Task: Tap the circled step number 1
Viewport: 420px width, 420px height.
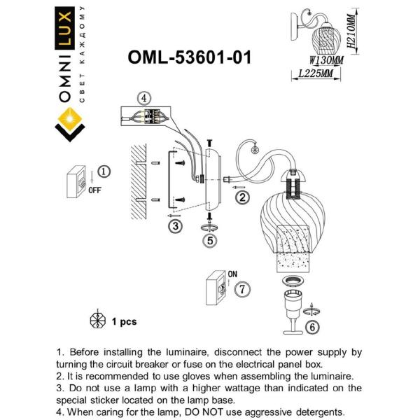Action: [x=104, y=171]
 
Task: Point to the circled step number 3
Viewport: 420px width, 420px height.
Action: [x=175, y=225]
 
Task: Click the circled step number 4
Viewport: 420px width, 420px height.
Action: [x=143, y=97]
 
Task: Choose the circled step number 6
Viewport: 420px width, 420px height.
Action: [x=313, y=325]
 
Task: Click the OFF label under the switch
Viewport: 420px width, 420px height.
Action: [x=95, y=189]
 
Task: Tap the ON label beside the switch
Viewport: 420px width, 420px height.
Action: [x=233, y=274]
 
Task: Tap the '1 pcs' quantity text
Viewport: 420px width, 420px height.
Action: [x=124, y=321]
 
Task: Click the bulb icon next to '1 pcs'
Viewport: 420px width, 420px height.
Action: [x=97, y=320]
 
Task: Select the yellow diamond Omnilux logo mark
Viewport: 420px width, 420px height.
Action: [x=70, y=127]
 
